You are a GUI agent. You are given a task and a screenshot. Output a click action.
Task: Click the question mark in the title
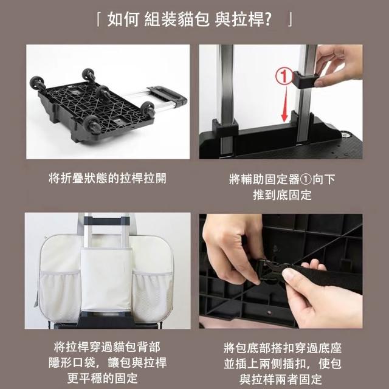pos(267,19)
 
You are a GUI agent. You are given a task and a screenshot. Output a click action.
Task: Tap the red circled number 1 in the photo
pos(284,77)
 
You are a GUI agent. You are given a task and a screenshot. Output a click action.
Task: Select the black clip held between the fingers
pos(304,80)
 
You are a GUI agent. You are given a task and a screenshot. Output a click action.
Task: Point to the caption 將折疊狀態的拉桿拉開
pos(108,178)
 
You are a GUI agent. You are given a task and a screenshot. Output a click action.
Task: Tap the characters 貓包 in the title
pos(193,19)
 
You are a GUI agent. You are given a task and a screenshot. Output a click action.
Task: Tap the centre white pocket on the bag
pos(106,280)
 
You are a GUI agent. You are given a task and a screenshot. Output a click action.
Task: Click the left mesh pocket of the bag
pos(60,295)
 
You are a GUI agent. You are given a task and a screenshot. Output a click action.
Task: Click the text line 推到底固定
pos(282,195)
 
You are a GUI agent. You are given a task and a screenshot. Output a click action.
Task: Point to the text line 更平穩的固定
pos(102,378)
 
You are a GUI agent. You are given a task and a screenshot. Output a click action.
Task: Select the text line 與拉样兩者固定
pos(281,379)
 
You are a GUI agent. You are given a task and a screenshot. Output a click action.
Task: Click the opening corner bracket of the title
pos(98,19)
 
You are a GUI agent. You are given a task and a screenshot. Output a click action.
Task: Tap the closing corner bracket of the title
pos(290,19)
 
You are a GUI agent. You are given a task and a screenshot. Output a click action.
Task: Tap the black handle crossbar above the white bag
pos(107,220)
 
